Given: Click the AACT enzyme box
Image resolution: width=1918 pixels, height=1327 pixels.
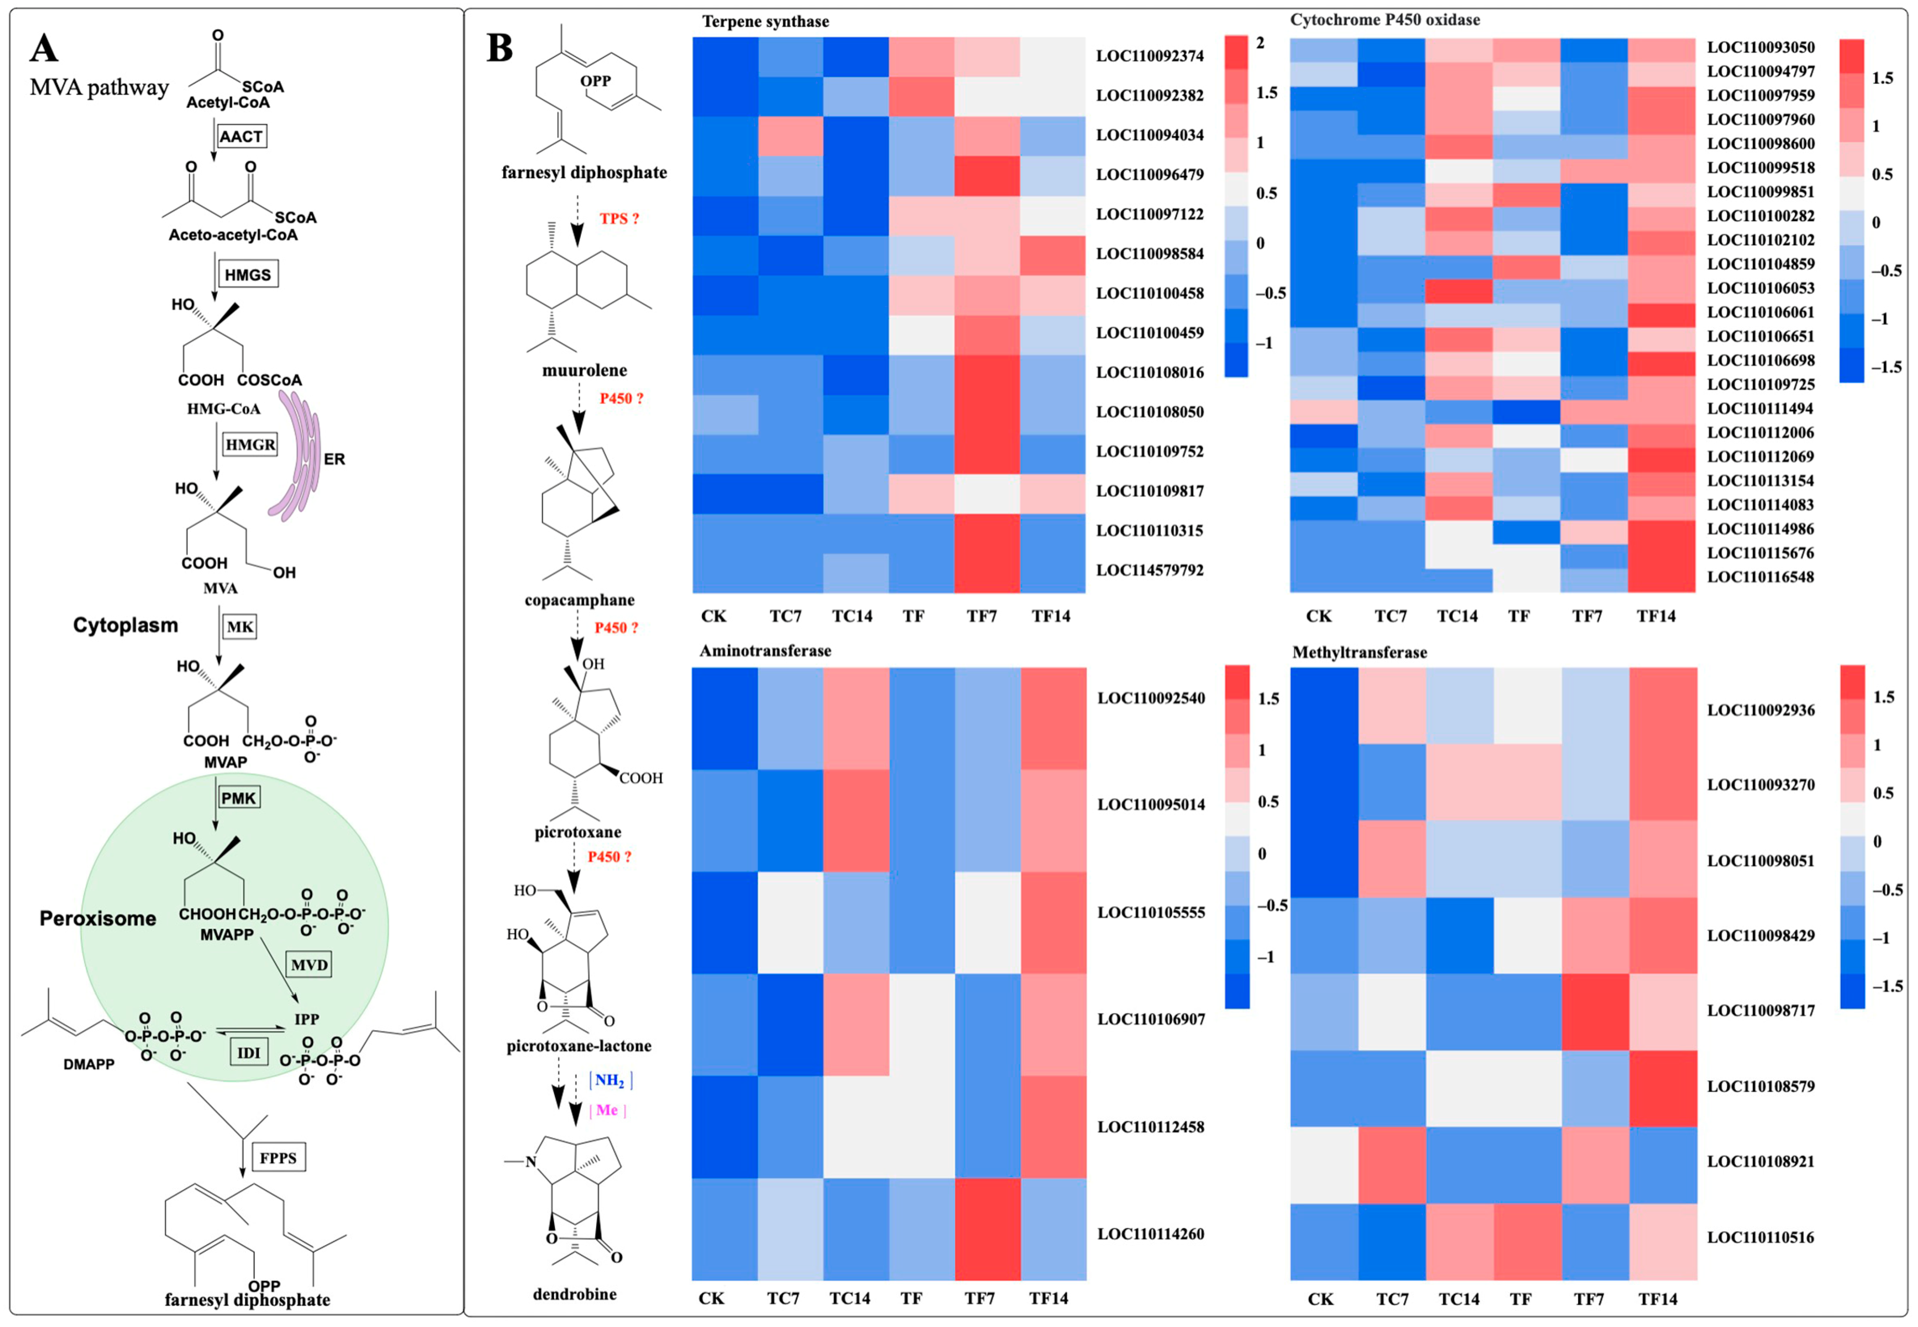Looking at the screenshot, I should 241,136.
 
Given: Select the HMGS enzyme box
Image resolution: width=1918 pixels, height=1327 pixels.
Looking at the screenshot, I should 248,275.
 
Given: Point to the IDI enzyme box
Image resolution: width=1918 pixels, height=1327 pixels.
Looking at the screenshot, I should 249,1052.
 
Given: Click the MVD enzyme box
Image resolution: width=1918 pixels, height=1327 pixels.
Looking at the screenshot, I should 309,964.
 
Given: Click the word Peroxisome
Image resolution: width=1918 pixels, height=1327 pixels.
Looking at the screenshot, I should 98,919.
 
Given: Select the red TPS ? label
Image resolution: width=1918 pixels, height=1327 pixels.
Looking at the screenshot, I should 619,218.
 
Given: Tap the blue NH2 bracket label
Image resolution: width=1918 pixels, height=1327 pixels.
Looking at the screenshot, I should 610,1080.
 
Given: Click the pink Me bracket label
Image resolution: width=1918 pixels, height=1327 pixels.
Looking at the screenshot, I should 607,1110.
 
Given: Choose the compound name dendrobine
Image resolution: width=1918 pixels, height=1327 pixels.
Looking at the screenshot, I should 575,1294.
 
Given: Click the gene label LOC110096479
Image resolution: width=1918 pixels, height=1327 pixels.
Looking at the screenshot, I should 1149,175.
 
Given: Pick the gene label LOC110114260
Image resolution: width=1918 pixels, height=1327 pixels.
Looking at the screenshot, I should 1150,1234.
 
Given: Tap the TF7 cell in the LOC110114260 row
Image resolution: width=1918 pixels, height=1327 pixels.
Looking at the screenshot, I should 987,1229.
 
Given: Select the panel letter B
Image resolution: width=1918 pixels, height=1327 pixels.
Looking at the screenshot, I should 500,48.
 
